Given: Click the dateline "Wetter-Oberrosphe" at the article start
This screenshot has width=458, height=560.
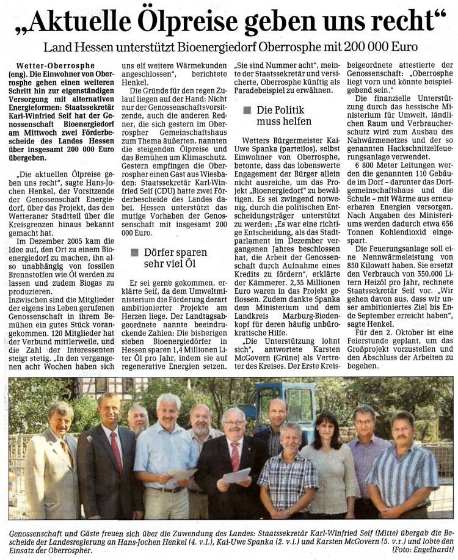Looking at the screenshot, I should coord(56,65).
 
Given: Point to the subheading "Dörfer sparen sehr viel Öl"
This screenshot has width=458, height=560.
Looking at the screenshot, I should coord(175,258).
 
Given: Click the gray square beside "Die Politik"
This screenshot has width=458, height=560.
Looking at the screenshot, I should coord(246,111).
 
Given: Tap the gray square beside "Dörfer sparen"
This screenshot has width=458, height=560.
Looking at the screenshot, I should coord(134,252).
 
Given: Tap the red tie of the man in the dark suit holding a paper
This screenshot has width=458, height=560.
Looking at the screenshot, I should coord(236,455).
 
